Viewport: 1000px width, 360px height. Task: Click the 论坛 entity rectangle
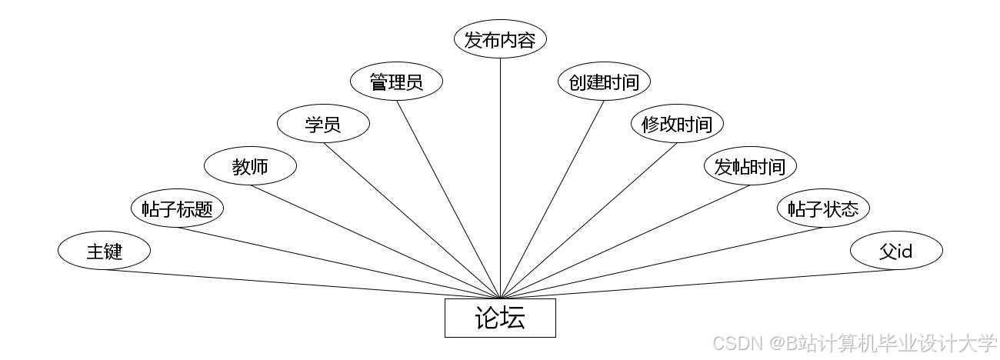click(x=500, y=318)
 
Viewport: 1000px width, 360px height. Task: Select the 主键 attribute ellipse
click(x=104, y=251)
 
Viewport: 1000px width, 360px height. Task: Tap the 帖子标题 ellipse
click(x=177, y=208)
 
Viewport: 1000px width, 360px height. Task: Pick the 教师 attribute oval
click(x=250, y=166)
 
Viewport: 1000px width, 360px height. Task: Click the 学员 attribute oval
click(x=323, y=124)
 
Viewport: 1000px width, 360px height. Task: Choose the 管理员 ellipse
click(x=396, y=82)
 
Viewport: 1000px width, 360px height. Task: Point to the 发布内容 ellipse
click(x=500, y=39)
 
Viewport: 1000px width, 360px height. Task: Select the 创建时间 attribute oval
click(x=604, y=82)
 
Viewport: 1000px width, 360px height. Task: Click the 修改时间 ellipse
click(x=677, y=124)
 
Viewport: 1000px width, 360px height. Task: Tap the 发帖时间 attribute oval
click(x=750, y=166)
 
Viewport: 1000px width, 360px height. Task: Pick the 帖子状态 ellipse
click(x=823, y=208)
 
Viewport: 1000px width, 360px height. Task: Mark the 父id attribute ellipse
click(x=896, y=251)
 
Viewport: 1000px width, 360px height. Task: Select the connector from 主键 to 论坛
click(x=302, y=284)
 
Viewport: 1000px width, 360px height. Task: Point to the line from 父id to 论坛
click(x=698, y=284)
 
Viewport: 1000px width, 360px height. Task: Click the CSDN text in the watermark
click(x=737, y=343)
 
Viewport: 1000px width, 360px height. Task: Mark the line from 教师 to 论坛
click(x=375, y=242)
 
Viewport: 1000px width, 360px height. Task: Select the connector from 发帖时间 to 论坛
click(x=625, y=242)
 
